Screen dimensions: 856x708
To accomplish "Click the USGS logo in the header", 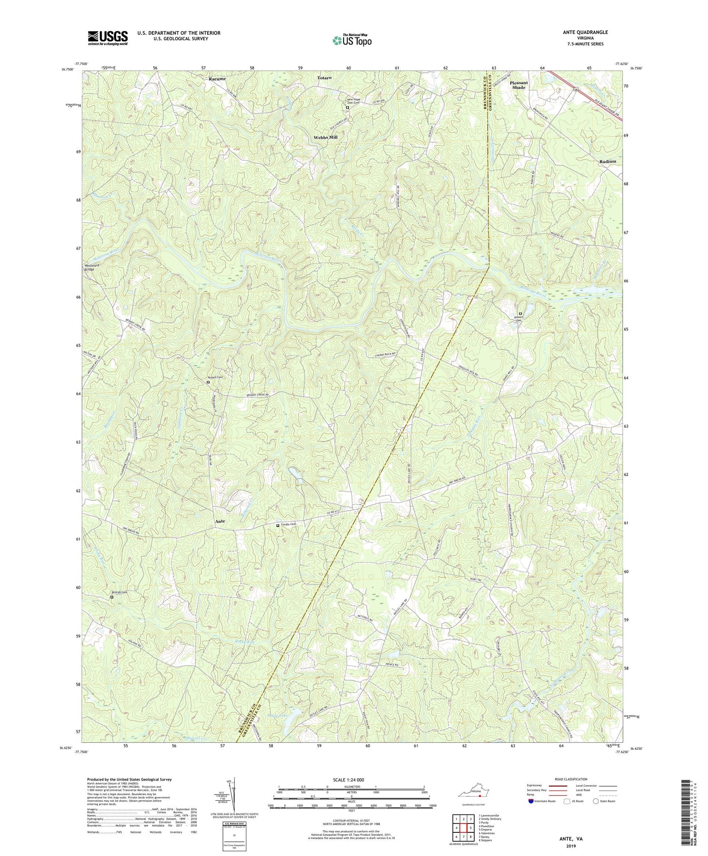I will coord(107,37).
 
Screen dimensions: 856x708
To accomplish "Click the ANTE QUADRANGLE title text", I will coord(582,32).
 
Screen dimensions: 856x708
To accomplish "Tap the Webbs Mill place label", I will coord(326,138).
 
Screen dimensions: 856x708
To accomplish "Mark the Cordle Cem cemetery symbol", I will coord(278,525).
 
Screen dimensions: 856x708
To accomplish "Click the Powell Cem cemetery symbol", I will coord(208,382).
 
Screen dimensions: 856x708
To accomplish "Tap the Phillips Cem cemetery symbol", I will coord(112,597).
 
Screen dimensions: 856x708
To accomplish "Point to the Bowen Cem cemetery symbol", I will coord(521,314).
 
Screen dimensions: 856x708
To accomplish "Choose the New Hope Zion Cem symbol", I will coord(347,108).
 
